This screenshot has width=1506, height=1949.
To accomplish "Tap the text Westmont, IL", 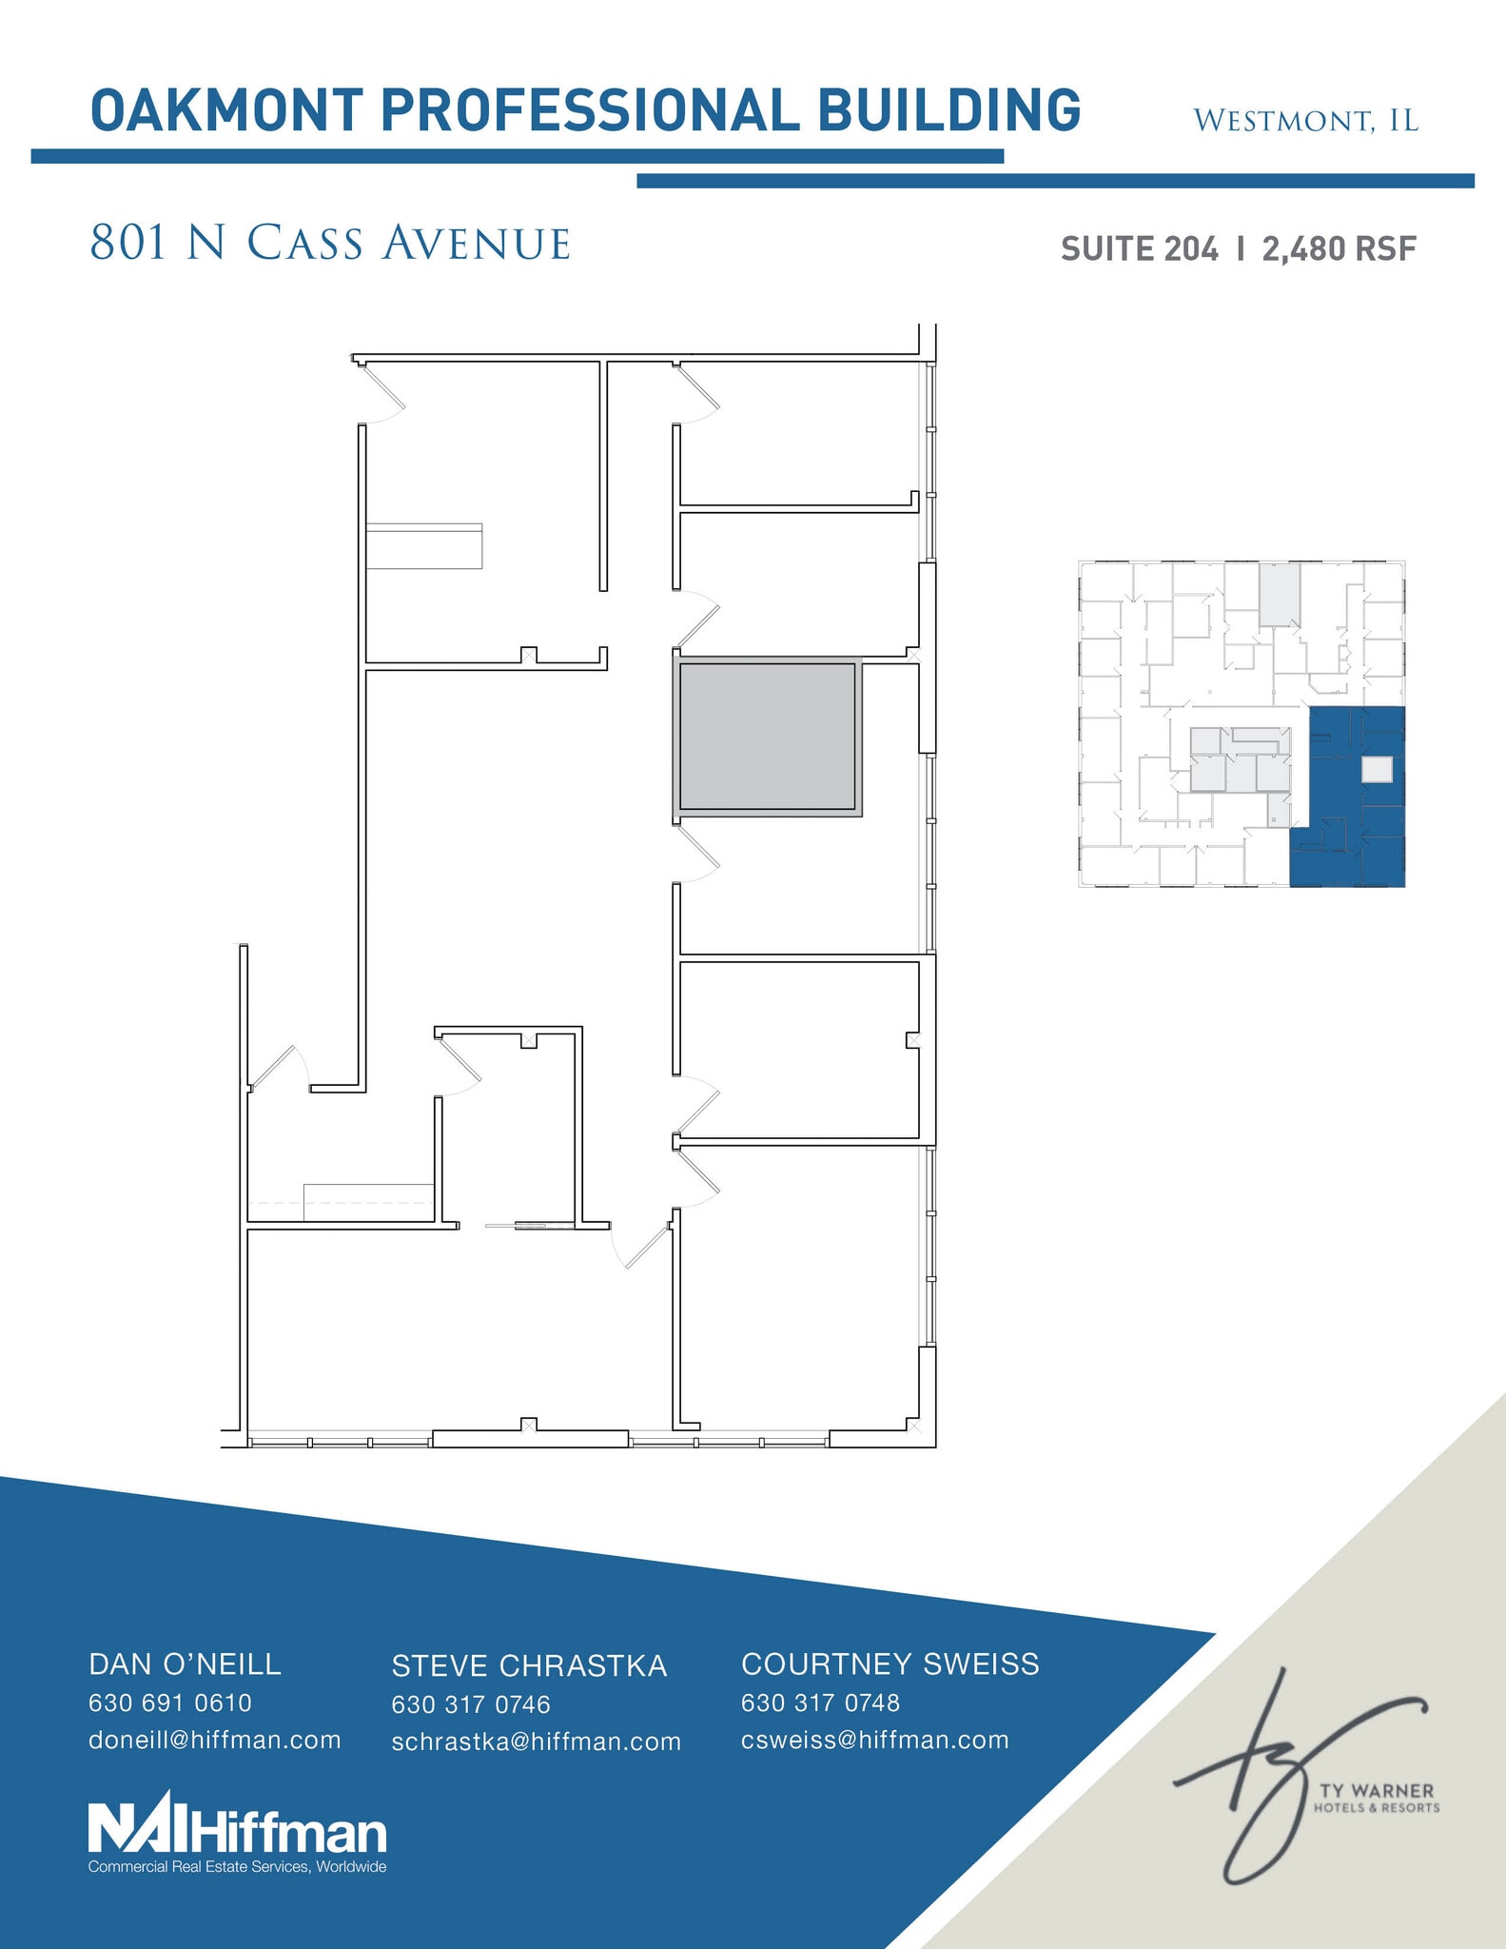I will pyautogui.click(x=1305, y=121).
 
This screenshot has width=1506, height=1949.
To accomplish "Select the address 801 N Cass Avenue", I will pyautogui.click(x=330, y=243).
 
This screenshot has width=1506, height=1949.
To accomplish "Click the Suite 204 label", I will pyautogui.click(x=1139, y=249).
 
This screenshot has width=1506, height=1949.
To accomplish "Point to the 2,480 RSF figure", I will pyautogui.click(x=1340, y=249).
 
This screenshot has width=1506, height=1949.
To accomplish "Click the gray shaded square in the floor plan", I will pyautogui.click(x=767, y=737).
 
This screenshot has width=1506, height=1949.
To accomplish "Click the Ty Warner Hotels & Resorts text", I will pyautogui.click(x=1377, y=1799).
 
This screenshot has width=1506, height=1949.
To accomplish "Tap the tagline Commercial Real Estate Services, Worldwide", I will pyautogui.click(x=237, y=1867).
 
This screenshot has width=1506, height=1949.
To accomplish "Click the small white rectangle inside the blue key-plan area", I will pyautogui.click(x=1377, y=769).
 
